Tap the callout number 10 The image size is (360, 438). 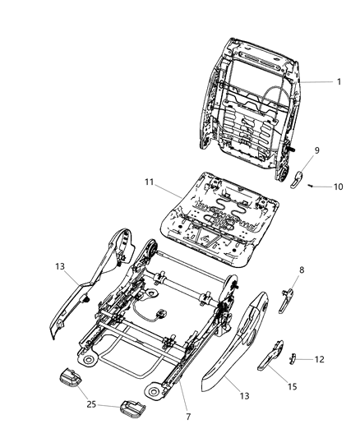pos(338,187)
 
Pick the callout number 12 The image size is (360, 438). pos(343,358)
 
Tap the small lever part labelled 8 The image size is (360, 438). pos(287,299)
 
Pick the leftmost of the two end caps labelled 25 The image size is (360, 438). pos(71,379)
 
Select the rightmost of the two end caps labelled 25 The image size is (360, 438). pos(131,408)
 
